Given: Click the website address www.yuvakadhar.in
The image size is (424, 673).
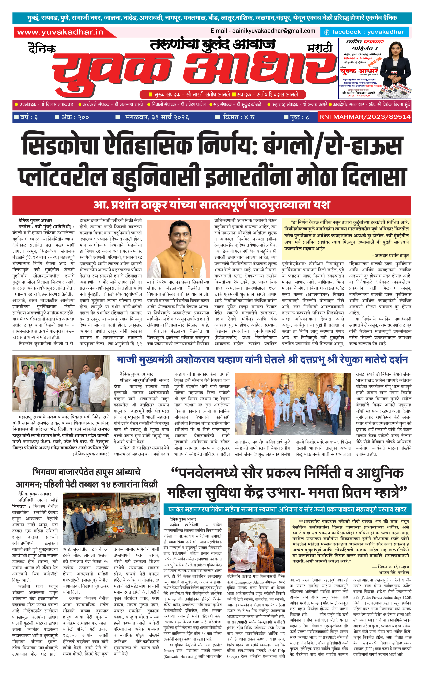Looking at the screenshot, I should coord(60,32).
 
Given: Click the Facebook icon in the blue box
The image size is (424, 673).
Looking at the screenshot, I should coord(326,32).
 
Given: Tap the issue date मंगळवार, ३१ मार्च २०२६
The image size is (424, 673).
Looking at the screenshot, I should coord(157,117).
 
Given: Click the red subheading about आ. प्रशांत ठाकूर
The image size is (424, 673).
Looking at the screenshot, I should coord(212,205).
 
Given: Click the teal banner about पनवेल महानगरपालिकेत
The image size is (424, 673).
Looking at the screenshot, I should coord(287,509).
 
